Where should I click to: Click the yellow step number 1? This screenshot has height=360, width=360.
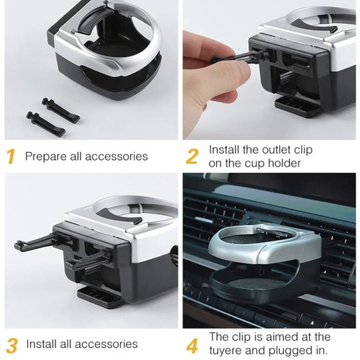11,156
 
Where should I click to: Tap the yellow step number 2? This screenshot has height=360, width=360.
192,157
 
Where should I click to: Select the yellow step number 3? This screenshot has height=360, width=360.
12,345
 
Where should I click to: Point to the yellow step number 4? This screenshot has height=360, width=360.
192,345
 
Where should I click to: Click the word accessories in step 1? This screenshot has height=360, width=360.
116,157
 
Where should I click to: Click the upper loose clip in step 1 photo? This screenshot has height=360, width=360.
61,110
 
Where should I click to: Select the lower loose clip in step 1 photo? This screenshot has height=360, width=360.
46,124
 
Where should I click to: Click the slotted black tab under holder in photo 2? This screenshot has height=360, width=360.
297,107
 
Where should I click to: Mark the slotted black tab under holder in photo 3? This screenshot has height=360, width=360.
100,297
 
